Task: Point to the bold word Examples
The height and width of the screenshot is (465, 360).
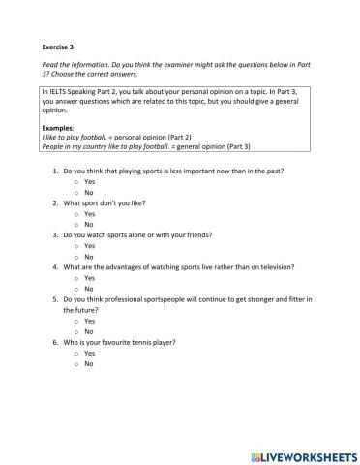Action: point(60,128)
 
